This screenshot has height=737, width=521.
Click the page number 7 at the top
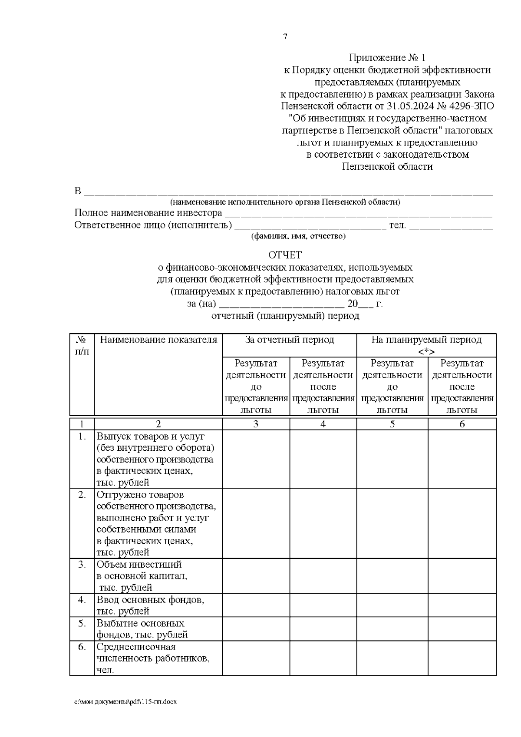(285, 37)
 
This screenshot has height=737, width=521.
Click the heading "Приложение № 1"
(387, 58)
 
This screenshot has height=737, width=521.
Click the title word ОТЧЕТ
(285, 255)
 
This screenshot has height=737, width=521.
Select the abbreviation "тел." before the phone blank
(397, 225)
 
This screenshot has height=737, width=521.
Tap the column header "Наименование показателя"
(158, 340)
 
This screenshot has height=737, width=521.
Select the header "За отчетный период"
(289, 340)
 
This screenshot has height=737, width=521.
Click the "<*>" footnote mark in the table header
(426, 351)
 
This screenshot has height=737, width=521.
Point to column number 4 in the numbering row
(323, 424)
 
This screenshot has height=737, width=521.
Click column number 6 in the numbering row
(462, 424)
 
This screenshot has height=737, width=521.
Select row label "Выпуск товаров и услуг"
(151, 436)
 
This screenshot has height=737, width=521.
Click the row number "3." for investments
(82, 565)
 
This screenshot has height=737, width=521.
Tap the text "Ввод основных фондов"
(150, 600)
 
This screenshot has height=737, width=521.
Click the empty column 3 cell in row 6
(256, 658)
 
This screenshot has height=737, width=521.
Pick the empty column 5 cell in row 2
(392, 523)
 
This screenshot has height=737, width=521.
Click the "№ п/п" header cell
(82, 345)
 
